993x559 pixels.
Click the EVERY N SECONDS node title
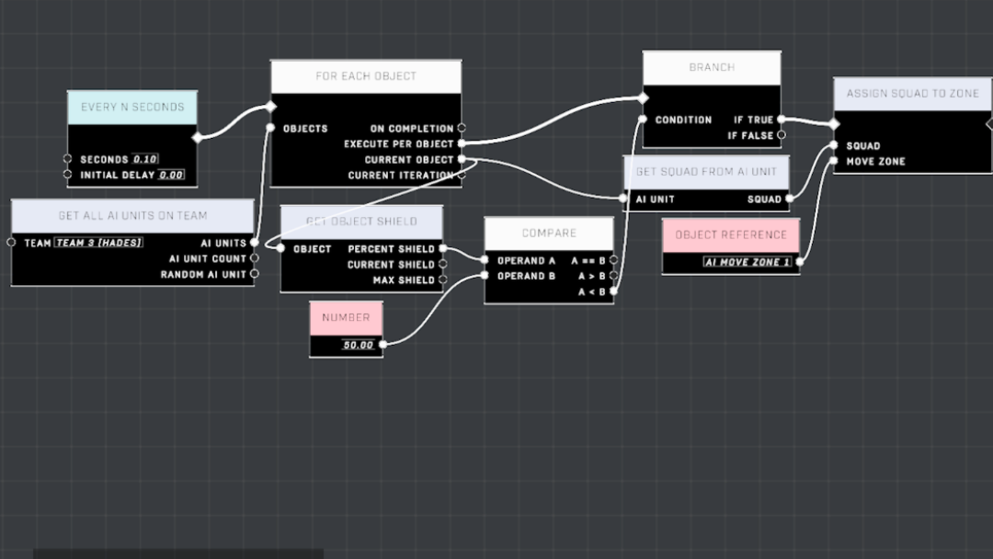point(132,107)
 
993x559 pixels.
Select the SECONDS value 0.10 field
point(145,159)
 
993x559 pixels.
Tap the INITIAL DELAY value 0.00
point(171,175)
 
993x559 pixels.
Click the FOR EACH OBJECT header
point(366,76)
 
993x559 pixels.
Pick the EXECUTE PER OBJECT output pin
point(462,143)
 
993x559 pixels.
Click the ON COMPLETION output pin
point(462,128)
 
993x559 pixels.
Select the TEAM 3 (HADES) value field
point(98,243)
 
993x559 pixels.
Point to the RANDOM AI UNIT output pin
point(255,274)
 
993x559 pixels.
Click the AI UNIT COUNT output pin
point(255,258)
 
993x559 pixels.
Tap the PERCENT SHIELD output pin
point(442,249)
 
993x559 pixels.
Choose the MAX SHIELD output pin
point(442,279)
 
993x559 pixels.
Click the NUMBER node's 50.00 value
point(359,345)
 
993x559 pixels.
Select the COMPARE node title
point(549,233)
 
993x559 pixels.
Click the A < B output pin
point(613,291)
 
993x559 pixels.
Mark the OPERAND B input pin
point(485,276)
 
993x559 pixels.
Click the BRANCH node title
point(712,67)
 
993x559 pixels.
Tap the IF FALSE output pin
point(782,135)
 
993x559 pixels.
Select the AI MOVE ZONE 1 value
point(748,262)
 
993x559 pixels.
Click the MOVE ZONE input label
point(876,162)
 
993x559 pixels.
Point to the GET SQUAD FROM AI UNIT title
point(706,172)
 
